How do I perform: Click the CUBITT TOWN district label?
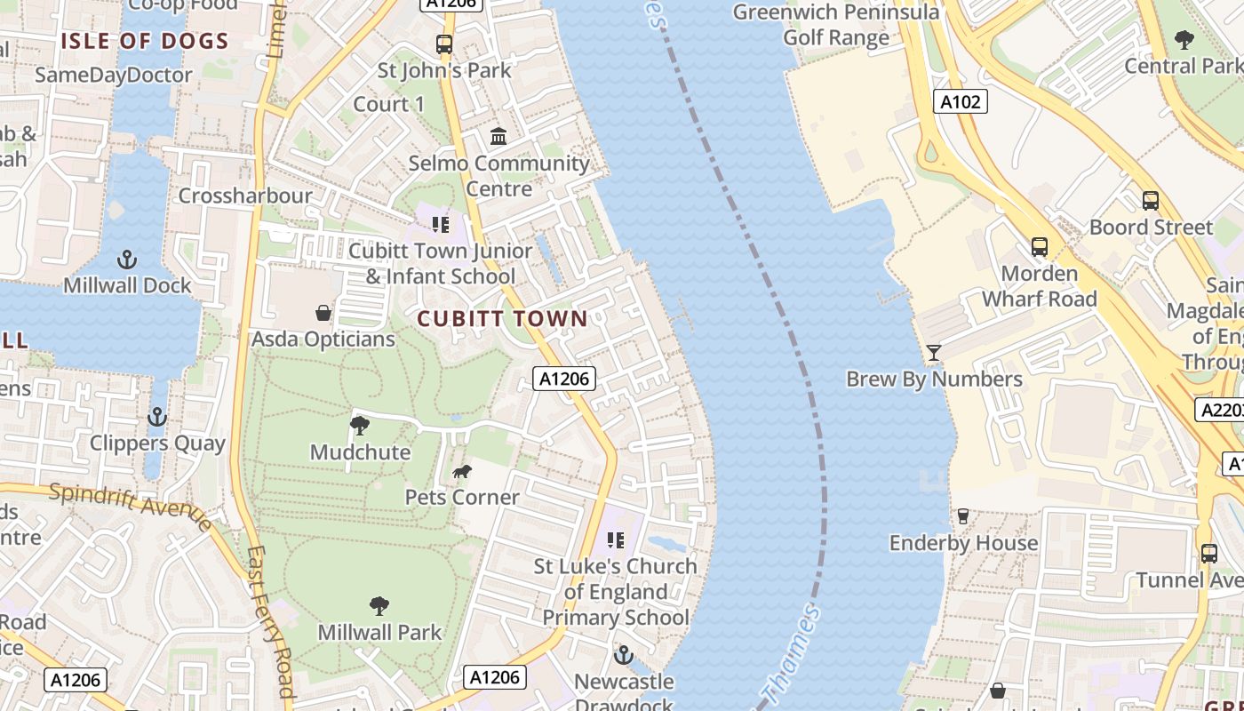click(x=502, y=318)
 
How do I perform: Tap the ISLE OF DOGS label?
click(x=144, y=41)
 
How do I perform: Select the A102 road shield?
click(x=961, y=101)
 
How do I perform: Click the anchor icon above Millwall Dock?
click(x=127, y=260)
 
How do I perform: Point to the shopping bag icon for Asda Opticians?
click(x=323, y=313)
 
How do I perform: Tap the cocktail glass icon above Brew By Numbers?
click(x=933, y=353)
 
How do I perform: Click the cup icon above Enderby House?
click(x=962, y=515)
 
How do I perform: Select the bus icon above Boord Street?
click(x=1150, y=200)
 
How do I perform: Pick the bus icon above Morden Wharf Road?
click(x=1039, y=246)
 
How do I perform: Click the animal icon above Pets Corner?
click(x=461, y=471)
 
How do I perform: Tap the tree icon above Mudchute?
click(x=360, y=426)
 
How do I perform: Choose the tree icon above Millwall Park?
click(x=379, y=606)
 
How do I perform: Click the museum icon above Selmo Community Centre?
click(x=498, y=137)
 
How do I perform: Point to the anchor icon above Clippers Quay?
click(x=157, y=416)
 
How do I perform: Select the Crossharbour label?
click(x=245, y=196)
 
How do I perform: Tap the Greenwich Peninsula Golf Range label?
click(x=835, y=25)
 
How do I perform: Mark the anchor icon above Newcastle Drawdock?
click(x=624, y=656)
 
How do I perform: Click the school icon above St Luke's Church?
click(x=616, y=539)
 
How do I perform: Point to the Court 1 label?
click(x=389, y=104)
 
